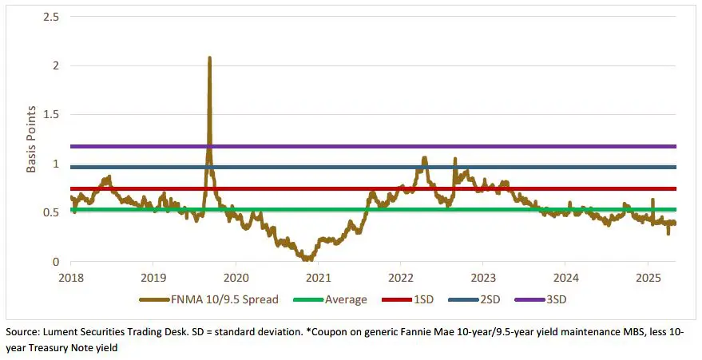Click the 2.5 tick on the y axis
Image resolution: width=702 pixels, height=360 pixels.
pyautogui.click(x=54, y=17)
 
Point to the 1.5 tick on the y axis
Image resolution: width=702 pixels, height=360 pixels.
pyautogui.click(x=54, y=115)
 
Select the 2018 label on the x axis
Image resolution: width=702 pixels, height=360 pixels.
pyautogui.click(x=70, y=277)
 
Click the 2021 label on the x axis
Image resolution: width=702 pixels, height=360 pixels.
pyautogui.click(x=317, y=277)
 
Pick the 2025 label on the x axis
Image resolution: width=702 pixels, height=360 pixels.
pyautogui.click(x=647, y=277)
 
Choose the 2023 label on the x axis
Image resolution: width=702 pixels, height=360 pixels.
pyautogui.click(x=482, y=277)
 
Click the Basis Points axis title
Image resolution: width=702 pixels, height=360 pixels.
pyautogui.click(x=33, y=139)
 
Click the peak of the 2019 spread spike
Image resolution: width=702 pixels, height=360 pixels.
pyautogui.click(x=209, y=57)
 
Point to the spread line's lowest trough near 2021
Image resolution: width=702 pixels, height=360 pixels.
pyautogui.click(x=306, y=259)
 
